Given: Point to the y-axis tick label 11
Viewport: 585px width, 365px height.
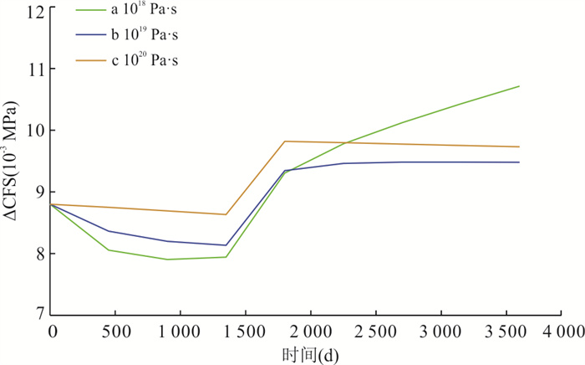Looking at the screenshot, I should [35, 69].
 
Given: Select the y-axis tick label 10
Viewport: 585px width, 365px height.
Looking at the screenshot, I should [35, 131].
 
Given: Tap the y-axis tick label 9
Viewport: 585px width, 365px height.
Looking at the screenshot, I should [39, 192].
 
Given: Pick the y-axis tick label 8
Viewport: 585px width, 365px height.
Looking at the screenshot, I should [39, 254].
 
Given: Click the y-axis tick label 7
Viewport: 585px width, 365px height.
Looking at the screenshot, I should [39, 315].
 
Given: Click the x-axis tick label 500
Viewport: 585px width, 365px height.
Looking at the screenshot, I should [117, 332].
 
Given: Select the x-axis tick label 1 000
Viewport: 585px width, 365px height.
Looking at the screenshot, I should [181, 332].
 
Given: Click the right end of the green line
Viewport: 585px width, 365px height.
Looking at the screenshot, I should [519, 86].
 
